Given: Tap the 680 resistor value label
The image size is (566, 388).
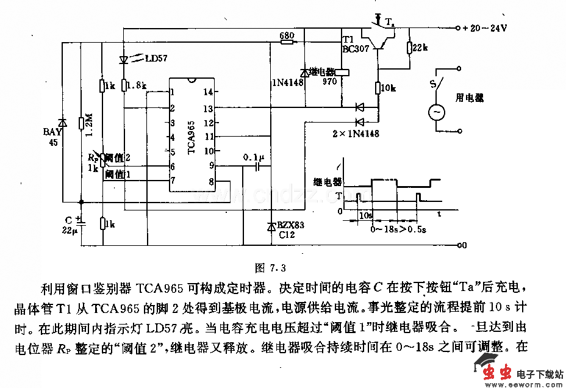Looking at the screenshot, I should pyautogui.click(x=287, y=35).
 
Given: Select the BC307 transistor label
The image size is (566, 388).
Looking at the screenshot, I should pyautogui.click(x=356, y=49).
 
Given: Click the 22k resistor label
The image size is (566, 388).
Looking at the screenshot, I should pyautogui.click(x=421, y=47).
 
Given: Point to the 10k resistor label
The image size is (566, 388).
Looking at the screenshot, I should pyautogui.click(x=389, y=88).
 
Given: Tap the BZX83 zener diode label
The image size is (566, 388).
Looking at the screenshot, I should pyautogui.click(x=291, y=225).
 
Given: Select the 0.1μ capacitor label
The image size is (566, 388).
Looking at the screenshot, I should pyautogui.click(x=254, y=157).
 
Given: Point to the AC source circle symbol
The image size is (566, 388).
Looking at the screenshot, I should pyautogui.click(x=436, y=113).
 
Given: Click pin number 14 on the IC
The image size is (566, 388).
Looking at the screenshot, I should pyautogui.click(x=209, y=92).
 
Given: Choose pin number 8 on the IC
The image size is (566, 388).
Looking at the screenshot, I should pyautogui.click(x=211, y=181).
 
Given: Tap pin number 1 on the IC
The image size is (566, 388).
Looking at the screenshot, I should pyautogui.click(x=173, y=92).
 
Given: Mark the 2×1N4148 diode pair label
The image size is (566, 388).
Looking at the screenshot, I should pyautogui.click(x=356, y=134).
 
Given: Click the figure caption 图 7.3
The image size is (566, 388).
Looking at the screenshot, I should pyautogui.click(x=270, y=267).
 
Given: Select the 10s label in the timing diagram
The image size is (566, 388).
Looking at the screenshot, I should pyautogui.click(x=365, y=215).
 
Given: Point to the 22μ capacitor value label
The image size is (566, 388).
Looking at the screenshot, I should pyautogui.click(x=70, y=231).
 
